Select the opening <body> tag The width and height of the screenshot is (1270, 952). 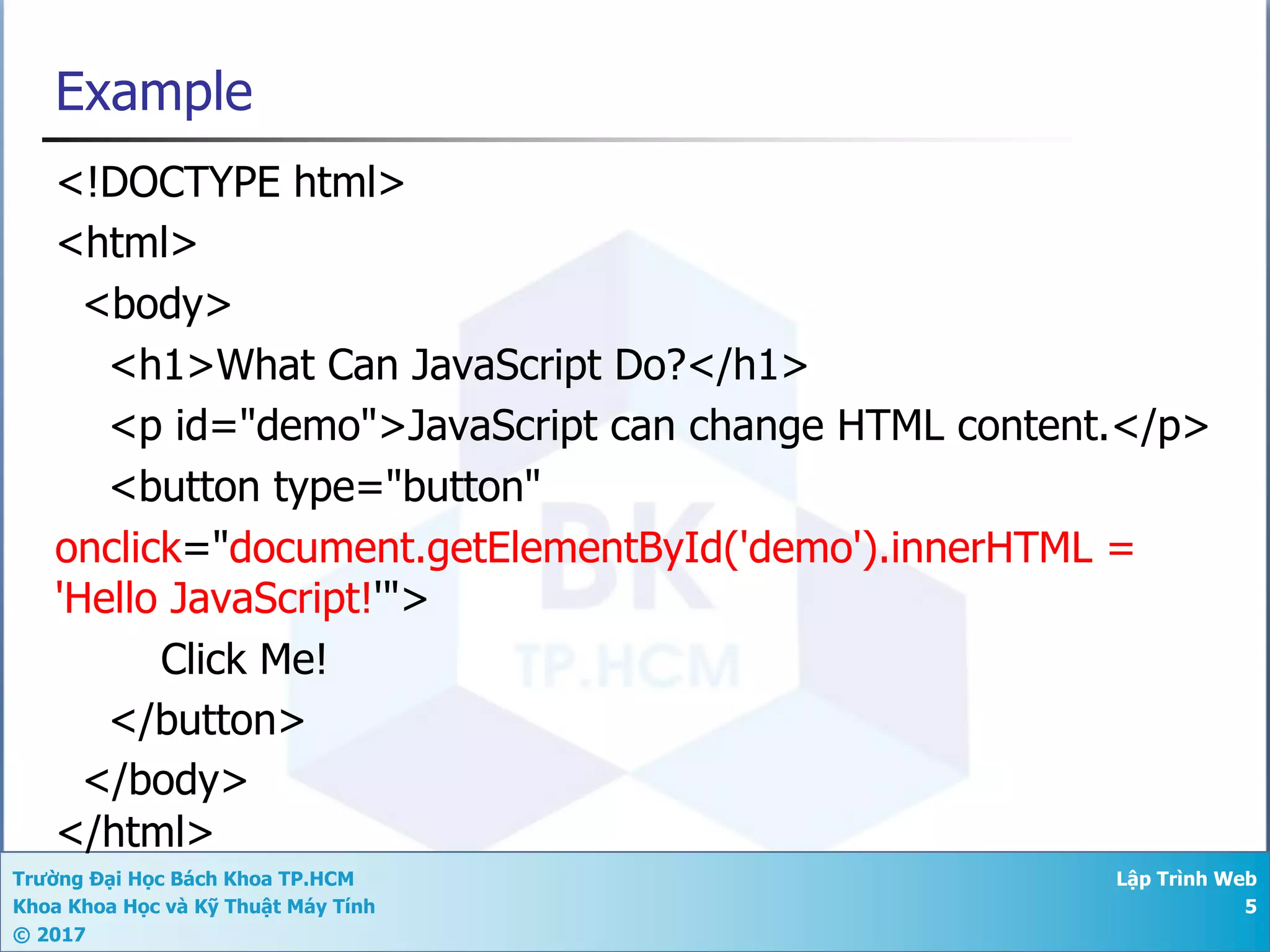pyautogui.click(x=158, y=304)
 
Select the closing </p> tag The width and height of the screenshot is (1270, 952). pyautogui.click(x=1160, y=426)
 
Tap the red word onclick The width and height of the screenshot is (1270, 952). pyautogui.click(x=118, y=548)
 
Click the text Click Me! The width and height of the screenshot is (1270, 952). pyautogui.click(x=244, y=659)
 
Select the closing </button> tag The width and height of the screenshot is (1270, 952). pyautogui.click(x=207, y=720)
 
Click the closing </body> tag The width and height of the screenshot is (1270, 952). pyautogui.click(x=166, y=780)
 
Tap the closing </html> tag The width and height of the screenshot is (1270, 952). pyautogui.click(x=135, y=832)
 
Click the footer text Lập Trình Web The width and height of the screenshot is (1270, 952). pyautogui.click(x=1186, y=879)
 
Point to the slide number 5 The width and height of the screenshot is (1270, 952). pyautogui.click(x=1250, y=907)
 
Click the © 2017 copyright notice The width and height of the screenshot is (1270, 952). pyautogui.click(x=49, y=935)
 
